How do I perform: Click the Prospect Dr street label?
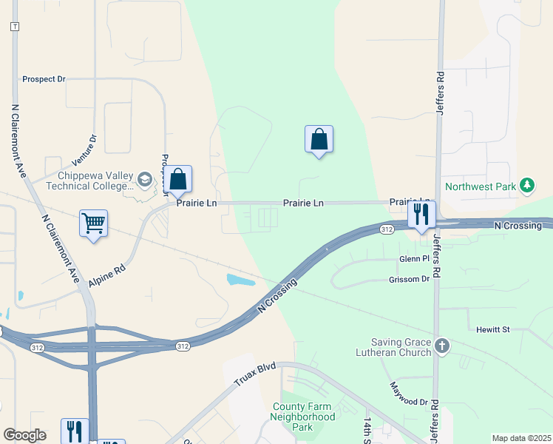tap(44, 78)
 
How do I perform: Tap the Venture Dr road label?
tap(84, 149)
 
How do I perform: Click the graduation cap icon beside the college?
tap(144, 178)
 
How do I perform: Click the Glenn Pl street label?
tap(414, 258)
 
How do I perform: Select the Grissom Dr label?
tap(409, 280)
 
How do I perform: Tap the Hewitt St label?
tap(493, 329)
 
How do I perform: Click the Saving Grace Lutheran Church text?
tap(401, 347)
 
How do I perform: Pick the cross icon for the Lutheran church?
tap(442, 346)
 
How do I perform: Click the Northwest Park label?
tap(480, 186)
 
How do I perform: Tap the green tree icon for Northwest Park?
tap(526, 185)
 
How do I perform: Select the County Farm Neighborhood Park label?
tap(303, 417)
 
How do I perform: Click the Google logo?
tap(24, 435)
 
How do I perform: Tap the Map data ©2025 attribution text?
tap(521, 438)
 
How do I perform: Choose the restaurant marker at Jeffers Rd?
tap(421, 215)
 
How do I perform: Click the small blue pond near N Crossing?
tap(241, 280)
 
